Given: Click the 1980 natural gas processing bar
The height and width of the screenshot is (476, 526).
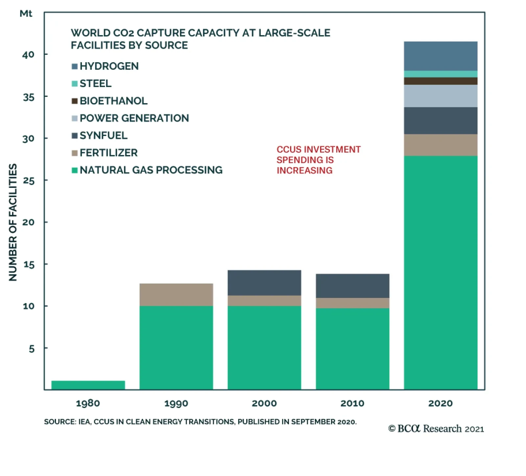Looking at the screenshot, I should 88,385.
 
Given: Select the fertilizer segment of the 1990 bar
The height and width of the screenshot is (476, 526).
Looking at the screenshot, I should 176,294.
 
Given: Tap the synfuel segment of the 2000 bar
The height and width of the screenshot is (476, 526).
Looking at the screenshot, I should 264,283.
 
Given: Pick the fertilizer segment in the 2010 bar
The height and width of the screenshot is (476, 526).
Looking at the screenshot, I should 352,303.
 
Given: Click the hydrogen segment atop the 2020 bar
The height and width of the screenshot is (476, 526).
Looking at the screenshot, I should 441,56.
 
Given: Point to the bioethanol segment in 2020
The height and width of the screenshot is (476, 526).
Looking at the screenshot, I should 441,81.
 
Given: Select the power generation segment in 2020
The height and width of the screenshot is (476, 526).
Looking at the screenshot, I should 441,96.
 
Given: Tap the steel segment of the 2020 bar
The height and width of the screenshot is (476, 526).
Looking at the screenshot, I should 441,74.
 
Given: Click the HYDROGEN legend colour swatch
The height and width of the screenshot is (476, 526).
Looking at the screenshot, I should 75,66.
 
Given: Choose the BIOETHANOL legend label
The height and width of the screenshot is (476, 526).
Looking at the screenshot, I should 113,101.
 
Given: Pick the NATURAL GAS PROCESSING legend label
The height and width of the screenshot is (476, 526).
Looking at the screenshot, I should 151,170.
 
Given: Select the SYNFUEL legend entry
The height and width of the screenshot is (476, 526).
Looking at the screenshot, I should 103,135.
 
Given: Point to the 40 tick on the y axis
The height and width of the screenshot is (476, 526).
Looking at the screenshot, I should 28,55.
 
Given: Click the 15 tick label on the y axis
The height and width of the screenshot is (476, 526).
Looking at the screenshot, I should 29,264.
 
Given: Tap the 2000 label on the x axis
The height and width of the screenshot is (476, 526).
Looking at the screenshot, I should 264,403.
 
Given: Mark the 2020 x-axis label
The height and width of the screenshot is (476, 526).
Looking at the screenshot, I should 441,403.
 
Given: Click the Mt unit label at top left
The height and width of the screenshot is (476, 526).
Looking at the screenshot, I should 26,14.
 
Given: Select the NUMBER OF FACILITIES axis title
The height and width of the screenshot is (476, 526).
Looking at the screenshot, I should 13,222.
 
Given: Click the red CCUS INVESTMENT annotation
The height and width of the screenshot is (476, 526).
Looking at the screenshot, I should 318,160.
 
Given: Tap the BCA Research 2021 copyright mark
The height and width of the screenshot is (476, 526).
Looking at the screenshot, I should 436,429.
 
